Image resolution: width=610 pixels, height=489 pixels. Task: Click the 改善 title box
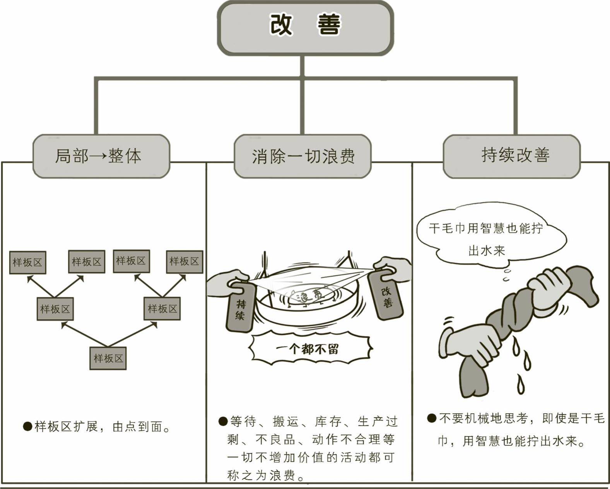click(x=305, y=28)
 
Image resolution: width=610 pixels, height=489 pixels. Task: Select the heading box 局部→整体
click(x=101, y=156)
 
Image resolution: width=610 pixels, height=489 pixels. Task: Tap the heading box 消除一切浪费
click(x=303, y=156)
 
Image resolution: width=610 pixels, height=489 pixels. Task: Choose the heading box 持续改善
click(x=511, y=156)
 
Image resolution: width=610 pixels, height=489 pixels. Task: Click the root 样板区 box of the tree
click(x=108, y=358)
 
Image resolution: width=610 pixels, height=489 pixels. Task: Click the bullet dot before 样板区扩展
click(x=27, y=426)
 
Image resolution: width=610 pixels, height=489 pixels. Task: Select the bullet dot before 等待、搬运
click(x=223, y=421)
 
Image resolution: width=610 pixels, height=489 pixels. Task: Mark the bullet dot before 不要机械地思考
click(x=432, y=418)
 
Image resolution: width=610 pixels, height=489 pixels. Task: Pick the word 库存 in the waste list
click(x=328, y=421)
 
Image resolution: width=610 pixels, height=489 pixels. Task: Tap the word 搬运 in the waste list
click(x=285, y=421)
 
